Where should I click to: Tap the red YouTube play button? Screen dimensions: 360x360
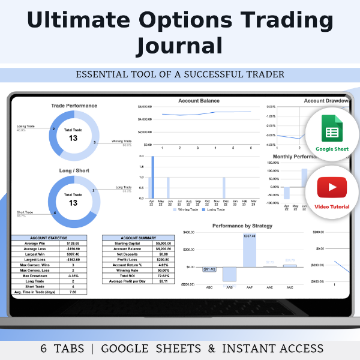pos(328,187)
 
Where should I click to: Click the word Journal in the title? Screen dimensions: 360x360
pos(179,46)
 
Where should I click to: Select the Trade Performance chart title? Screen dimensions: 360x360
pos(74,106)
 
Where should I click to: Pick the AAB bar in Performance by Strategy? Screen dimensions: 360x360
pos(229,274)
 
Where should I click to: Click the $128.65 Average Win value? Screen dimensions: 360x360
pos(74,243)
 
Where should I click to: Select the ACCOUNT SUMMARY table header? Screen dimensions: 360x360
pos(139,237)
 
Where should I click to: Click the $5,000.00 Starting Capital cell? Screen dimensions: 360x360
pos(161,243)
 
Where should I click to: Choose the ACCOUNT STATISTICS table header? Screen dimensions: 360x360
pos(50,237)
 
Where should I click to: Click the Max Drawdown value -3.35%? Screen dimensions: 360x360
pos(74,275)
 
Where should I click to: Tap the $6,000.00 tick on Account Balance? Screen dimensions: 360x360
pos(146,107)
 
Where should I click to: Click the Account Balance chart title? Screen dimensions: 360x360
pos(199,101)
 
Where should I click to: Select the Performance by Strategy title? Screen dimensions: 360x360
pos(242,226)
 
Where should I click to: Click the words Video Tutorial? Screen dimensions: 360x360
pos(328,207)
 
